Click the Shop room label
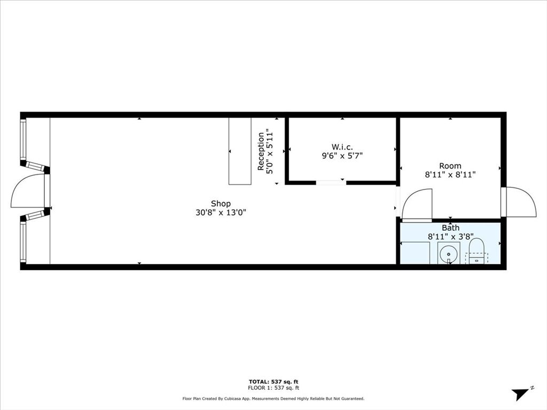(x=221, y=203)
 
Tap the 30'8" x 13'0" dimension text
(x=221, y=212)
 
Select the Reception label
(x=261, y=151)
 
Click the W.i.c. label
(x=341, y=147)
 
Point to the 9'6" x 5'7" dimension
(x=341, y=156)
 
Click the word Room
(x=450, y=165)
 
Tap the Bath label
(x=450, y=228)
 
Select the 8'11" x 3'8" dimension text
(x=450, y=236)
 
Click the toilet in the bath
(x=476, y=251)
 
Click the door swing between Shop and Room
(x=417, y=206)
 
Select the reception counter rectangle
(x=240, y=151)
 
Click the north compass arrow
(x=521, y=394)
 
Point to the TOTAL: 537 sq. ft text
(x=273, y=381)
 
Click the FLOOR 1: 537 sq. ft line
(x=273, y=388)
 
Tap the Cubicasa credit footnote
(x=273, y=399)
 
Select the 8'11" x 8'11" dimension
(x=450, y=175)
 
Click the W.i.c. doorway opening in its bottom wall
(x=331, y=183)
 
